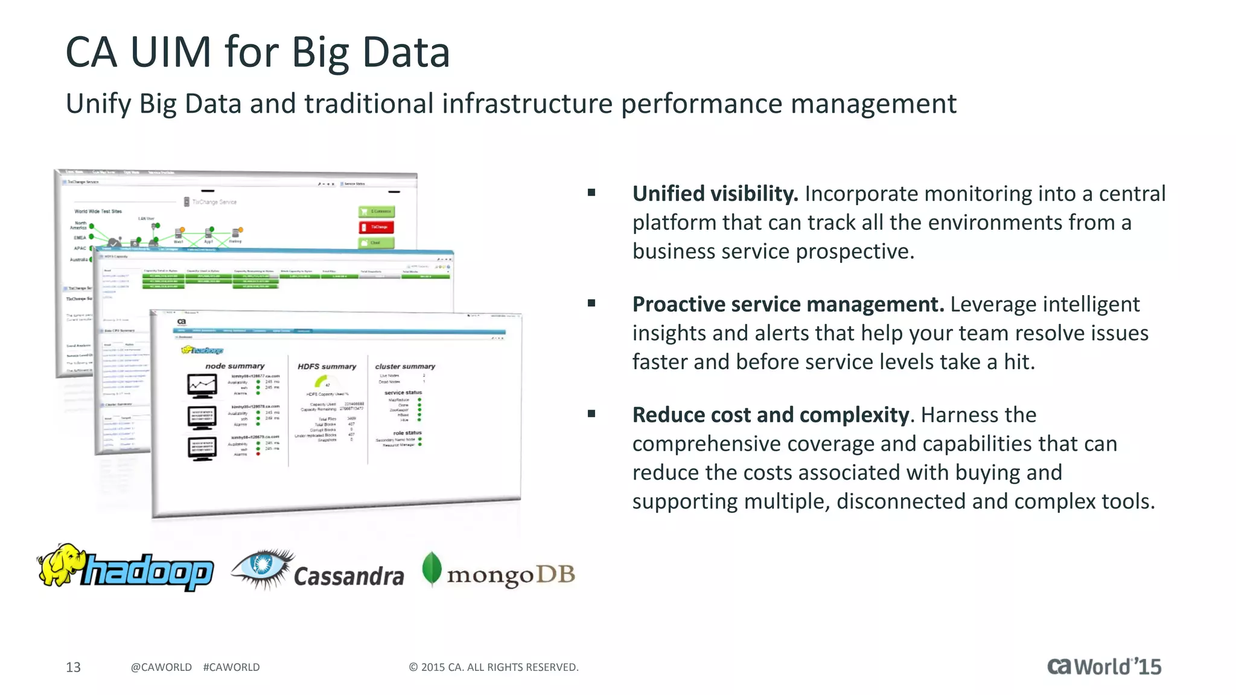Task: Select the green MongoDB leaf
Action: pos(432,568)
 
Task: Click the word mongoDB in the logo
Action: pos(511,574)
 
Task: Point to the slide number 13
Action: pos(73,667)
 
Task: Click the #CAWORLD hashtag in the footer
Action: pos(231,667)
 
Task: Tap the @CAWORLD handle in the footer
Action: pos(161,667)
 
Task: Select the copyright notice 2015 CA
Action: pos(493,667)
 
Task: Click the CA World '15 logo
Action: pos(1104,666)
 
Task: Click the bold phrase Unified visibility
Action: pos(715,194)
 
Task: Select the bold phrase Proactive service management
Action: pos(788,304)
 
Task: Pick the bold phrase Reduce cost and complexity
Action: pos(771,415)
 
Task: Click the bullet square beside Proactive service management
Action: pos(591,303)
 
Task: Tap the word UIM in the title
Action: pos(171,52)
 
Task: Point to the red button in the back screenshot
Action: pos(376,227)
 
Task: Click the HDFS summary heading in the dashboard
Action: pos(327,366)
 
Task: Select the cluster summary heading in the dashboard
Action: pos(405,366)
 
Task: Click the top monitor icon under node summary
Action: pos(202,386)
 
